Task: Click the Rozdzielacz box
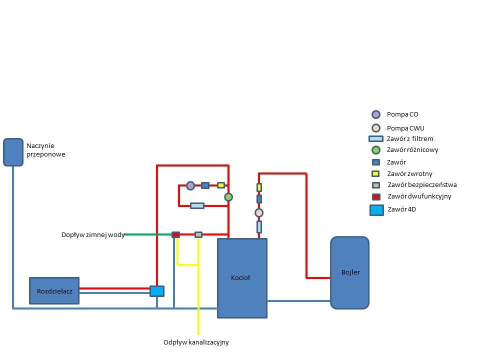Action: click(x=54, y=290)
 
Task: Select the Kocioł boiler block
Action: click(x=242, y=277)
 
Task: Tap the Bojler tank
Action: click(x=349, y=272)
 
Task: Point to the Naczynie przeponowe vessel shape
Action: click(x=13, y=152)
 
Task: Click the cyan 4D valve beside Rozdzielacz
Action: click(x=157, y=290)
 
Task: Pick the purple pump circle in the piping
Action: click(x=190, y=185)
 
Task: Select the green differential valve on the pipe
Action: click(x=228, y=197)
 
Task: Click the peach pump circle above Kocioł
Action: click(x=259, y=212)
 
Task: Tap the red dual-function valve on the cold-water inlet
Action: click(x=176, y=234)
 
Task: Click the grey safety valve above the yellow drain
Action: click(x=198, y=234)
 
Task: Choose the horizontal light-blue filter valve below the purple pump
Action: click(x=197, y=205)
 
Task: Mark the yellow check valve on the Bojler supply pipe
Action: click(x=259, y=187)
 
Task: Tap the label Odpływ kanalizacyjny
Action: click(x=196, y=342)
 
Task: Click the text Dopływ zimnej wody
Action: click(x=93, y=234)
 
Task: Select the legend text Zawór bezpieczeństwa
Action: click(x=421, y=185)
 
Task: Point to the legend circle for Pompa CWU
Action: click(x=376, y=127)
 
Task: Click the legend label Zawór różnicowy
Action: click(x=412, y=150)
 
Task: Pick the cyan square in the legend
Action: click(x=376, y=210)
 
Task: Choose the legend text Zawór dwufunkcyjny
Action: click(x=419, y=196)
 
